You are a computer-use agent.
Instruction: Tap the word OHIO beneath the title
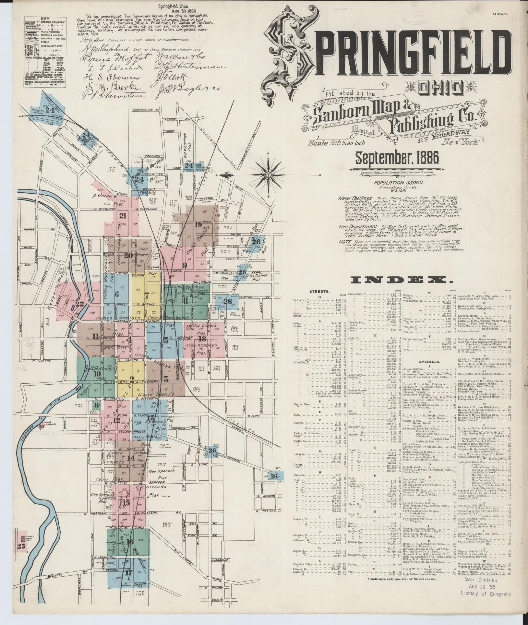[440, 87]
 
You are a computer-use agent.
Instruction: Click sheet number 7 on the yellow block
[147, 295]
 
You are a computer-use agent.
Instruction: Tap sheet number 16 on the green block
[130, 542]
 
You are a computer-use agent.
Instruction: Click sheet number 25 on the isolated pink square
[21, 546]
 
